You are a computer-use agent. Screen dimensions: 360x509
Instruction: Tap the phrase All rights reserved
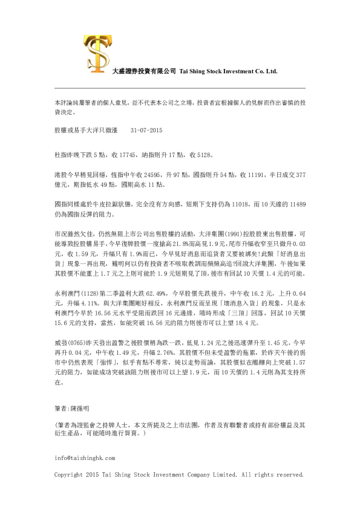272,475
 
